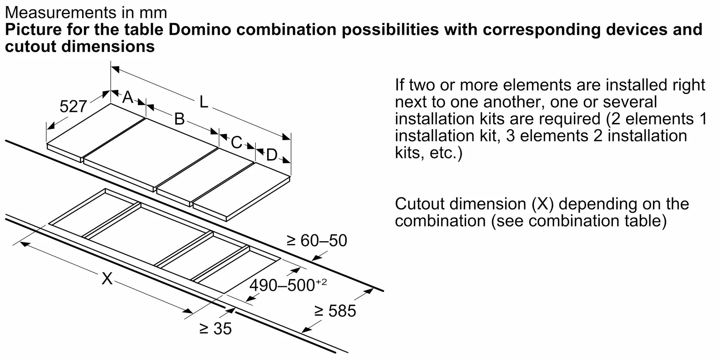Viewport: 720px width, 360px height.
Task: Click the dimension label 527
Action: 73,107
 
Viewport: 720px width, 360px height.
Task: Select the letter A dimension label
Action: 128,97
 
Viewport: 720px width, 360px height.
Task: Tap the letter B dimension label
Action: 179,119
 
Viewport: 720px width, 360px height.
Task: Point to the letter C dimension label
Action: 236,142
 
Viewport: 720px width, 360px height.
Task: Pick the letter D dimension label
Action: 272,155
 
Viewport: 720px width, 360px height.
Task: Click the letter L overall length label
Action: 203,102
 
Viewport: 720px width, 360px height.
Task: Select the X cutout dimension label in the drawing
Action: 107,278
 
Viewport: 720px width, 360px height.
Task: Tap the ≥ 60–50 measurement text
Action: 317,240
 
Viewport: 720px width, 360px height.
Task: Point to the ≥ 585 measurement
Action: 335,311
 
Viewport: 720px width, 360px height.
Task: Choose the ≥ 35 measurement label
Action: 215,329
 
